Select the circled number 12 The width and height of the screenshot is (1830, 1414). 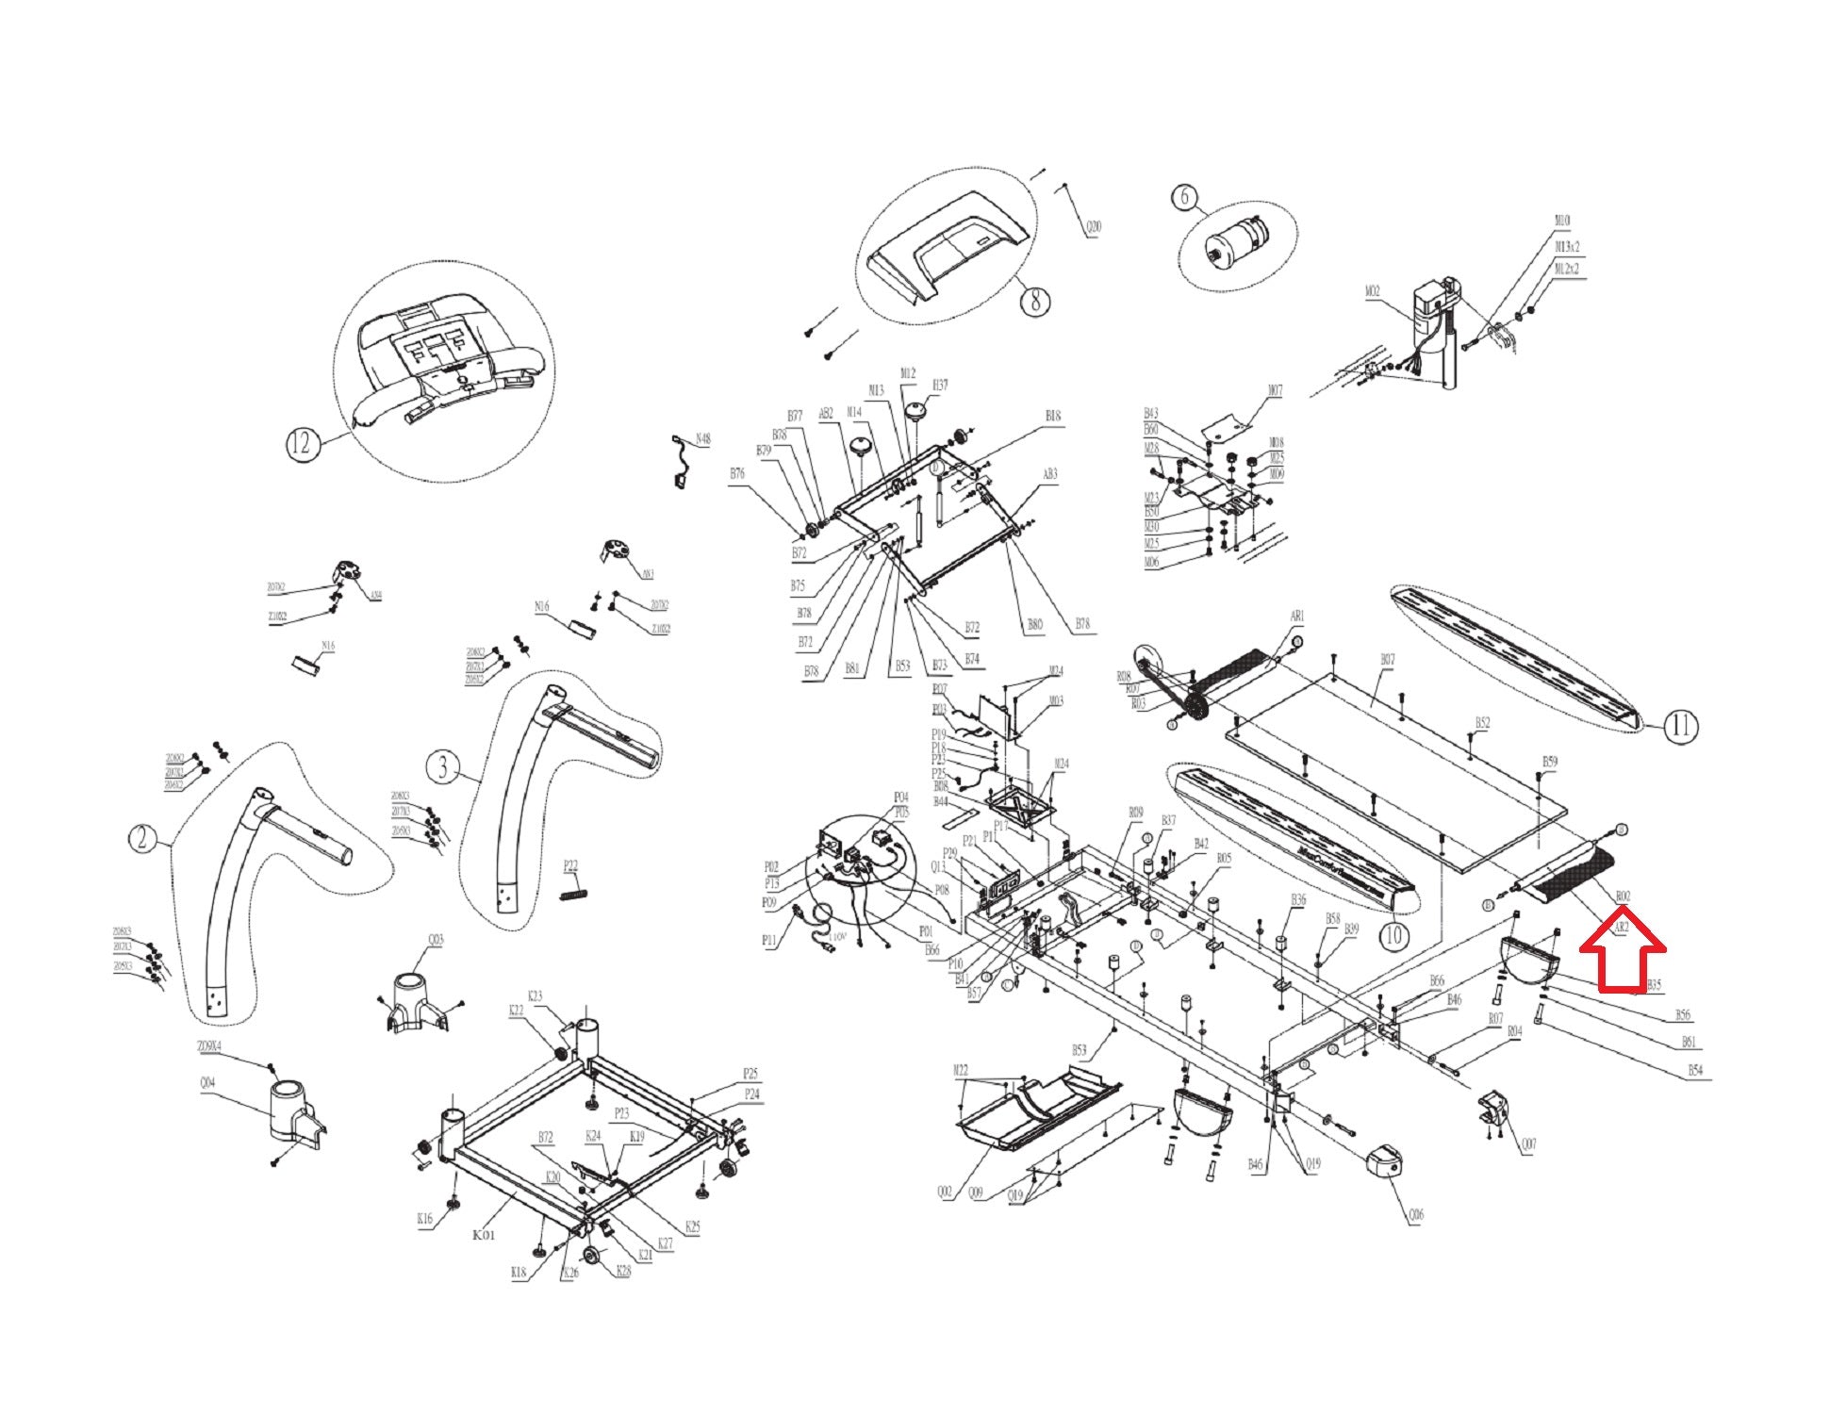[301, 443]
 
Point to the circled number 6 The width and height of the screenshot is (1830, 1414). [1185, 197]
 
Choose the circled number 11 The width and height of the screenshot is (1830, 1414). [1681, 726]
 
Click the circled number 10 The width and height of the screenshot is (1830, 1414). [1393, 936]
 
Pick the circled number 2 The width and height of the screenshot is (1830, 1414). [141, 838]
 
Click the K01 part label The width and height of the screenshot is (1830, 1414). [483, 1233]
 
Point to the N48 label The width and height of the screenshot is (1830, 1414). [702, 439]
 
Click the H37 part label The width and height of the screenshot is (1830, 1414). [940, 386]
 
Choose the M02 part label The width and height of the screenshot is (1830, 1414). [1373, 292]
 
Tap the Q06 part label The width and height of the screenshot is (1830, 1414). [1415, 1215]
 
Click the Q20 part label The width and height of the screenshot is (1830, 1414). [1094, 227]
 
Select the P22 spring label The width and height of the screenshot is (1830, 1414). [570, 865]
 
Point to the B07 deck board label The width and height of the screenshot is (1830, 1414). [1387, 661]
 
